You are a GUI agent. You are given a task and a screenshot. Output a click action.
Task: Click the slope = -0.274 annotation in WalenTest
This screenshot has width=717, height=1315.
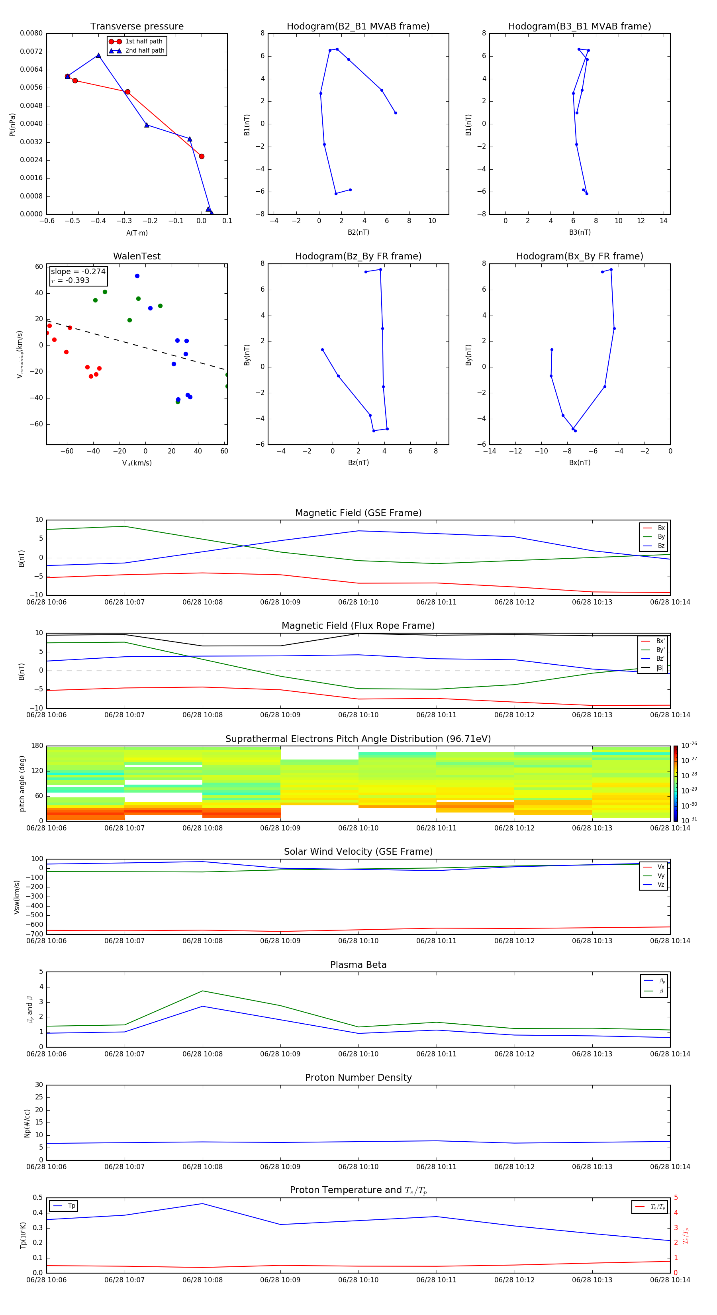pos(78,272)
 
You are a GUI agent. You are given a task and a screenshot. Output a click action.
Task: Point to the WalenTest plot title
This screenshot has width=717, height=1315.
pos(137,256)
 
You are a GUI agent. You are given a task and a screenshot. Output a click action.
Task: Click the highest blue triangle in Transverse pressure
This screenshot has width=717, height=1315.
pos(98,55)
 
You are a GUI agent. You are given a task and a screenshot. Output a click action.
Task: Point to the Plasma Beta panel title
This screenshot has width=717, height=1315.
pos(358,965)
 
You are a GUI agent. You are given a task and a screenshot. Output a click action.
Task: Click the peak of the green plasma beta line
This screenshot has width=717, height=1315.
pos(203,991)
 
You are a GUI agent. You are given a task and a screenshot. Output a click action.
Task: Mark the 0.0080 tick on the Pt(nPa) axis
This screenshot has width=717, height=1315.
pos(31,33)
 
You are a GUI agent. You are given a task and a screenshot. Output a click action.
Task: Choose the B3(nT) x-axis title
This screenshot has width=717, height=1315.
pos(580,232)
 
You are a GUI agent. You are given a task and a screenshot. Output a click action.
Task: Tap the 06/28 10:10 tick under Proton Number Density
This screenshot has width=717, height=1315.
pos(358,1166)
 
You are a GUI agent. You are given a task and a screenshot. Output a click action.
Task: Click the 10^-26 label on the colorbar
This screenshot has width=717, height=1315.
pos(688,745)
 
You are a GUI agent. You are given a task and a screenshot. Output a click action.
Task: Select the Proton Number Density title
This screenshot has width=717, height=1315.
pos(358,1078)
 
